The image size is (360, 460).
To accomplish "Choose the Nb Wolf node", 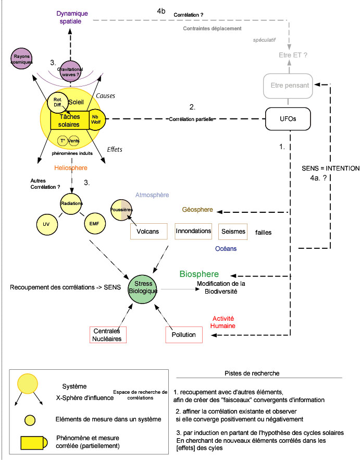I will coord(97,119).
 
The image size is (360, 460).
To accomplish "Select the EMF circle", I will coord(94,224).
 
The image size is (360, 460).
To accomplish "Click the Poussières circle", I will coord(120,209).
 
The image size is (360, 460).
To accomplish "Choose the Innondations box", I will coord(193,231).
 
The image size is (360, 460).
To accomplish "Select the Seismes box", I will coord(232,231).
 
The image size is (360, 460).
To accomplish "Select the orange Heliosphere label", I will coord(71,168).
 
